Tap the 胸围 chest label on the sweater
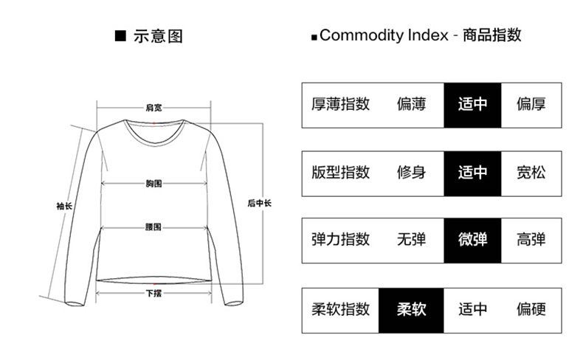pos(153,182)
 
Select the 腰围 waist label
pos(153,227)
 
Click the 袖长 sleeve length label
pos(64,206)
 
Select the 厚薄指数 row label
pos(340,104)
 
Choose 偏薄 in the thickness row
pos(411,104)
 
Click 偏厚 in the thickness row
pos(531,104)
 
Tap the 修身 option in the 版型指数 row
pos(411,173)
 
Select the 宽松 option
pos(531,173)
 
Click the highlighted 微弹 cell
pos(472,240)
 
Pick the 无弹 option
pos(411,240)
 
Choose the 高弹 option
pos(531,240)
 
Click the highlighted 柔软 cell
pos(411,309)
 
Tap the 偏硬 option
pos(531,309)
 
